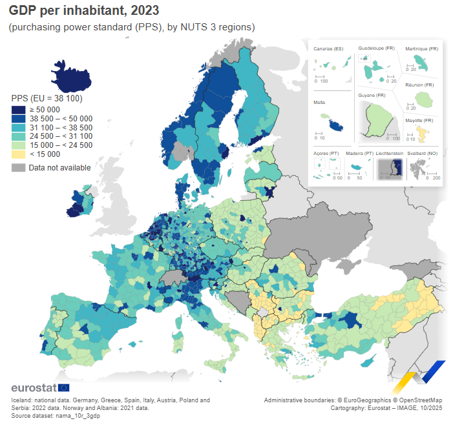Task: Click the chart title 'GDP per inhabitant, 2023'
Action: pyautogui.click(x=83, y=12)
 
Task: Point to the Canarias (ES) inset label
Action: pyautogui.click(x=328, y=48)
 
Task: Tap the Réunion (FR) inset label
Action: pyautogui.click(x=419, y=85)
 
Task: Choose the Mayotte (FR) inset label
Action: pyautogui.click(x=419, y=121)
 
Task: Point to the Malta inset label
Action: pyautogui.click(x=319, y=102)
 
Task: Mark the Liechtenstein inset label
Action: pyautogui.click(x=390, y=153)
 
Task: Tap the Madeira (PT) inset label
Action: pyautogui.click(x=359, y=153)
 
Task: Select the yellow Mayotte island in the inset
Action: pyautogui.click(x=422, y=134)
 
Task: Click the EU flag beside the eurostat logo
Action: pyautogui.click(x=64, y=387)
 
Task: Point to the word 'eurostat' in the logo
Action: pyautogui.click(x=34, y=387)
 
